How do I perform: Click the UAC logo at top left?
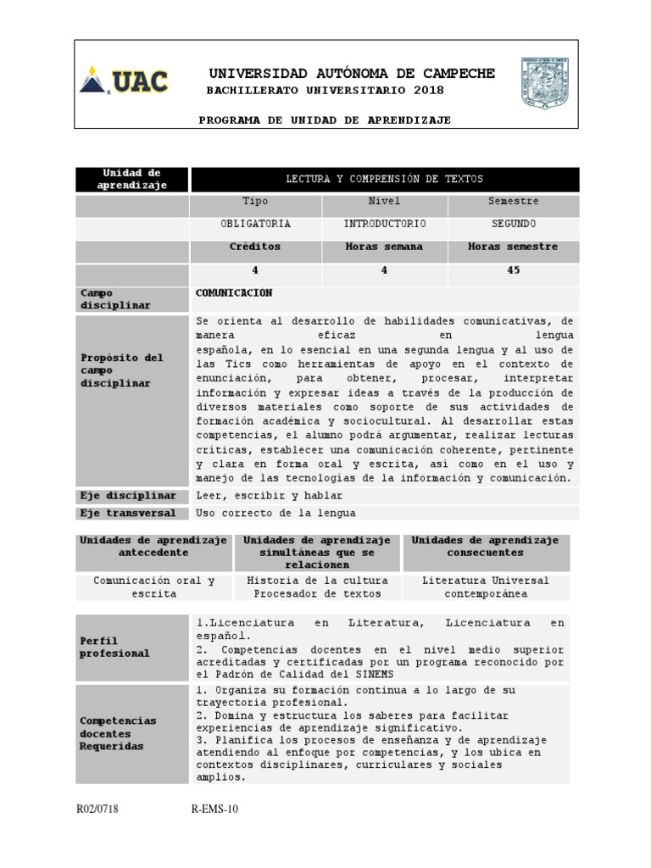point(124,82)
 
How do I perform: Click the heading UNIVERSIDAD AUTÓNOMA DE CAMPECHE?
point(352,74)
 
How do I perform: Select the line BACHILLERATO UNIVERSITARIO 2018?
point(325,91)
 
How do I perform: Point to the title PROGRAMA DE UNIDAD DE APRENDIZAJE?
point(325,120)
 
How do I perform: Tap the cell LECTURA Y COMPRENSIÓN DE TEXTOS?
point(385,180)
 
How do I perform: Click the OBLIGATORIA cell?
point(255,225)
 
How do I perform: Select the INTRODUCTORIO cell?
point(384,225)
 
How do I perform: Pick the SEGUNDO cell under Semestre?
point(513,225)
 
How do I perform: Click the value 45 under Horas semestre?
point(513,270)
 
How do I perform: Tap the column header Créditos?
point(255,247)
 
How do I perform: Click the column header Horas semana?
point(384,247)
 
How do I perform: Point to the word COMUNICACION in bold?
point(234,292)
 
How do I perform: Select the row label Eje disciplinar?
point(128,495)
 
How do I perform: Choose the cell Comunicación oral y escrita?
point(153,587)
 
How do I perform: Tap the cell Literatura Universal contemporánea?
point(486,587)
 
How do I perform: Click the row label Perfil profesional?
point(114,647)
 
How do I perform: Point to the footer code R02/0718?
point(97,810)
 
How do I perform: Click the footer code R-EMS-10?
point(215,810)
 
